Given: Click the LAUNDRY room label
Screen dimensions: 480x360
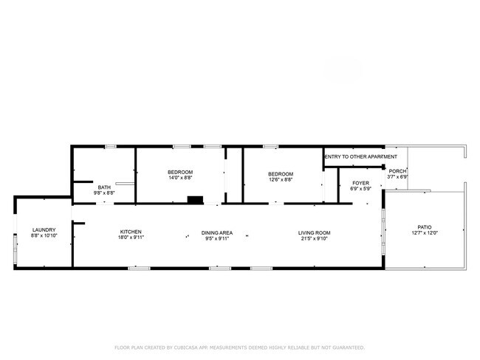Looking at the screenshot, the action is [x=44, y=229].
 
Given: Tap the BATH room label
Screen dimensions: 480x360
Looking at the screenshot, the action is [x=104, y=187].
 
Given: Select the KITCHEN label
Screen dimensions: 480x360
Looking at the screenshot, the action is [x=131, y=232].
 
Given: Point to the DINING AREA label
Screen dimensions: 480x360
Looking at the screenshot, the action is [x=216, y=233].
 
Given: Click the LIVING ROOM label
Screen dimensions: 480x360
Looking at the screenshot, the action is [x=314, y=233].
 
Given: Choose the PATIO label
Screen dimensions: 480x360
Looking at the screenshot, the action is [x=425, y=227].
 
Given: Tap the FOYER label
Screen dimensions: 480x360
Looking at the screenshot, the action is [x=360, y=183].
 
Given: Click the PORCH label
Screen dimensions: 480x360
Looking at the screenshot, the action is [x=397, y=171].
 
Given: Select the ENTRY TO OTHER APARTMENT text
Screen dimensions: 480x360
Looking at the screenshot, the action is [x=360, y=156].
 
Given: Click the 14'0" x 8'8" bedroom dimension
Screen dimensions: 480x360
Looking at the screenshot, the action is [x=180, y=177].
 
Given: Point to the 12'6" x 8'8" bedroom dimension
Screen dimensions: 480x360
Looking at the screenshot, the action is [x=281, y=179].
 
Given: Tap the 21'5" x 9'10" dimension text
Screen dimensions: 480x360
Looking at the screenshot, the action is [x=314, y=238].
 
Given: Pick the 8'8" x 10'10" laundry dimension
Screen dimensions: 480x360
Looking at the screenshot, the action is [x=44, y=235].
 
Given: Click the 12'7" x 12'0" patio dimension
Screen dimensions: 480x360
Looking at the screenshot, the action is [x=425, y=232].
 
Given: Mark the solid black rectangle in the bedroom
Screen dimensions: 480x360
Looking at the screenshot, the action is [x=195, y=200].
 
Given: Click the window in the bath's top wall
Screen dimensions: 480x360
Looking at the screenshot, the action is [x=111, y=147].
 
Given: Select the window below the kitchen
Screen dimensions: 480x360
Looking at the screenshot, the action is [x=139, y=269].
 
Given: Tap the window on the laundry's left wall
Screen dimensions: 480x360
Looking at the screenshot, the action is [x=15, y=248].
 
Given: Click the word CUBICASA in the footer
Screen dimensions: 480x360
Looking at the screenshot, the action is [x=186, y=347].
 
